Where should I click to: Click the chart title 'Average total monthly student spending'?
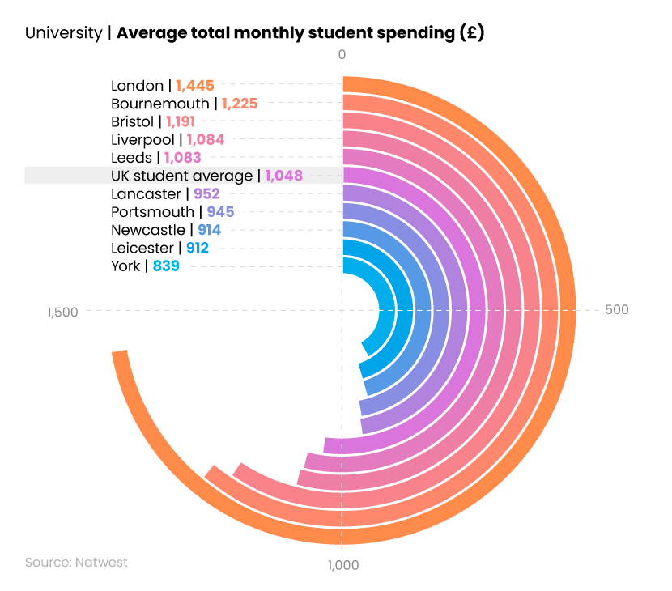tap(300, 33)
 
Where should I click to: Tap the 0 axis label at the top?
tap(342, 54)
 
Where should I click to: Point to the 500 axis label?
tap(616, 310)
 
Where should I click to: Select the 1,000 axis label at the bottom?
tap(342, 565)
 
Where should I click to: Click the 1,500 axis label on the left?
tap(62, 312)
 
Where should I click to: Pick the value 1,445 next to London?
tap(194, 86)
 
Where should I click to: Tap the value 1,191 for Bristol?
tap(180, 121)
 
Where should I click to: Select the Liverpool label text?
tap(142, 139)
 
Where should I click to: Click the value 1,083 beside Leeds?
tap(182, 157)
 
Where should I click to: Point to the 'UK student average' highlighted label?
tap(181, 176)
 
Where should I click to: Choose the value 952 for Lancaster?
tap(206, 193)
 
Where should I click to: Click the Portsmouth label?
tap(152, 211)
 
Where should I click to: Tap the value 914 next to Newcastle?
tap(209, 230)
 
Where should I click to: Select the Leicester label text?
tap(142, 248)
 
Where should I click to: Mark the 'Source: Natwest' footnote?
tap(76, 562)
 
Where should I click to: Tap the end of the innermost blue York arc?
tap(367, 349)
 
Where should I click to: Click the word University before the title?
tap(63, 33)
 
